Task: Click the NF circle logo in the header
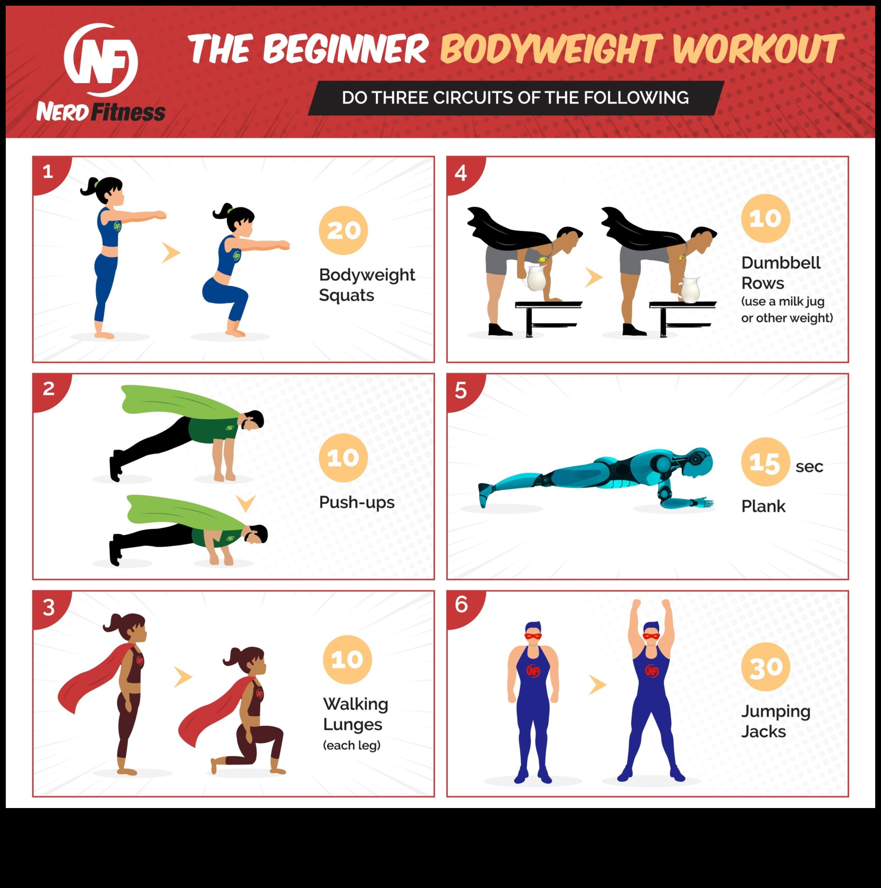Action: (101, 60)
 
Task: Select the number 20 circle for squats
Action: (343, 230)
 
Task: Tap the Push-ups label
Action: (357, 502)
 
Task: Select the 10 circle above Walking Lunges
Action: (347, 660)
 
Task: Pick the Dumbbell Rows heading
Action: (780, 273)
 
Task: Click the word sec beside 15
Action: (809, 466)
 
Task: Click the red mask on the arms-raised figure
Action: (651, 636)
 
